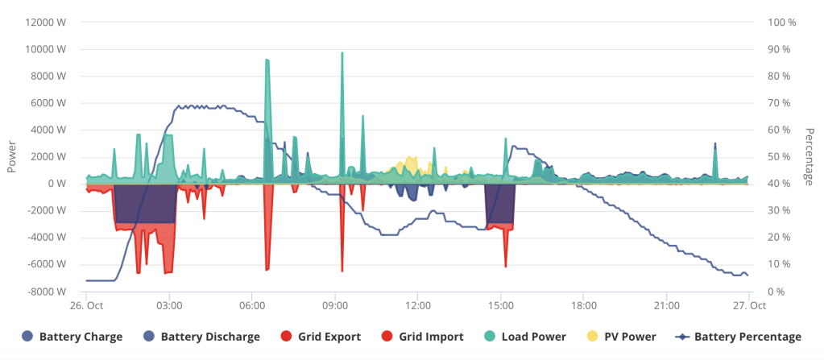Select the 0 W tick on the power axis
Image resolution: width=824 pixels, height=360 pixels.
point(56,184)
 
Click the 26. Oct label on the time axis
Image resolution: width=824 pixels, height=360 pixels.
point(87,306)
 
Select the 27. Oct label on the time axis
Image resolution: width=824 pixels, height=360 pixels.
point(748,306)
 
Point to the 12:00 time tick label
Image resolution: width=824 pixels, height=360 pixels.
point(418,306)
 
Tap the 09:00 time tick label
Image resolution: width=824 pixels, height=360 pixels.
point(335,306)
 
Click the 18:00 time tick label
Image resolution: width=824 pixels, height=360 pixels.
point(584,306)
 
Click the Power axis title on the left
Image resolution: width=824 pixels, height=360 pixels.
point(12,157)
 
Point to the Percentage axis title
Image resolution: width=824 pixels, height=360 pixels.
point(810,157)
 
